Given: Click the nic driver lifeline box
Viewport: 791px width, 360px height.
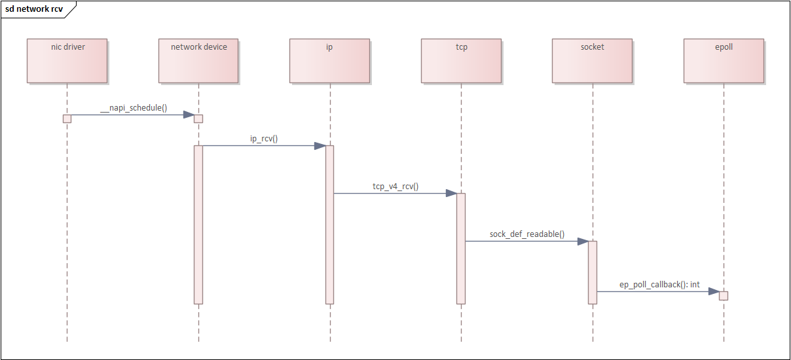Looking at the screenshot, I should tap(67, 60).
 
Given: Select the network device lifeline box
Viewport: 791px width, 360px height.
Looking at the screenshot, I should tap(198, 60).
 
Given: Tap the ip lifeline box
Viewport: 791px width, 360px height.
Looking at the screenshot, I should tap(330, 60).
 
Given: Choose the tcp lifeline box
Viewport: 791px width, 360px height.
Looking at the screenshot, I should tap(461, 60).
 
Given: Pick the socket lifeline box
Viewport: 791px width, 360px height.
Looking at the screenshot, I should tap(592, 60).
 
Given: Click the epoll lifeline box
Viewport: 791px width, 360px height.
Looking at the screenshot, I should tap(724, 60).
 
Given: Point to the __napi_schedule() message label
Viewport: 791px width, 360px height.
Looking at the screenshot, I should tap(134, 108).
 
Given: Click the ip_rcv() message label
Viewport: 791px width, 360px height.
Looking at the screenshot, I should tap(264, 139).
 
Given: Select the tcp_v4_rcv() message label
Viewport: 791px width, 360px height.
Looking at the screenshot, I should tap(395, 187).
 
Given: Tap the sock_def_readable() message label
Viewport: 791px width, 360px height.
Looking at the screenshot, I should tap(526, 234).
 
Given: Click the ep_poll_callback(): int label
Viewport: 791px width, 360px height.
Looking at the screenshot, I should tap(659, 284).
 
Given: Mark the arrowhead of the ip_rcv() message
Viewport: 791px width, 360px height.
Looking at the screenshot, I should tap(320, 145).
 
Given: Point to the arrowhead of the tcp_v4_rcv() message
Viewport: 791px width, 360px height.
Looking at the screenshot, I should tap(451, 193).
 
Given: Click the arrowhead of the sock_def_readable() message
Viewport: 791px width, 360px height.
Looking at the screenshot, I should tap(583, 241).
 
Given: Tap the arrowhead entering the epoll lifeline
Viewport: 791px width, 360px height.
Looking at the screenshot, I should tap(714, 291).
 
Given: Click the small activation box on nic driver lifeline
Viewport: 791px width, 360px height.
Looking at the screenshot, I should tap(67, 118).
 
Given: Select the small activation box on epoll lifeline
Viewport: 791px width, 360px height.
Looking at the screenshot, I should tap(724, 295).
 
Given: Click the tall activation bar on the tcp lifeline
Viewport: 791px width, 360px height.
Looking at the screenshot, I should tap(461, 249).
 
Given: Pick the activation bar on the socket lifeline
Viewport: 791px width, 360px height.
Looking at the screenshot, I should tap(592, 272).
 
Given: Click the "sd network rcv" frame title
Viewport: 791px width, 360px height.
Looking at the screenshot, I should tap(35, 9).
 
